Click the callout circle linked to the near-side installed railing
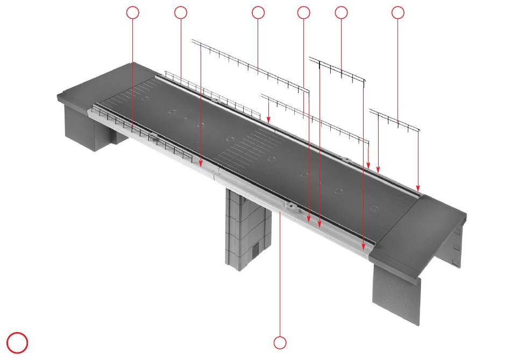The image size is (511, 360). pyautogui.click(x=132, y=12)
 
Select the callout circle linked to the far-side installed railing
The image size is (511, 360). pyautogui.click(x=181, y=12)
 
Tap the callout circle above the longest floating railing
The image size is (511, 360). pyautogui.click(x=258, y=12)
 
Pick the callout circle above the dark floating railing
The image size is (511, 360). pyautogui.click(x=341, y=12)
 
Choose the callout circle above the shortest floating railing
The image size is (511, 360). pyautogui.click(x=398, y=12)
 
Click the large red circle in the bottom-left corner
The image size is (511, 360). pyautogui.click(x=17, y=343)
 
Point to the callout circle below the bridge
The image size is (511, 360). pyautogui.click(x=280, y=342)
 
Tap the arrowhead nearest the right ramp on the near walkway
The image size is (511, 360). pyautogui.click(x=363, y=246)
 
